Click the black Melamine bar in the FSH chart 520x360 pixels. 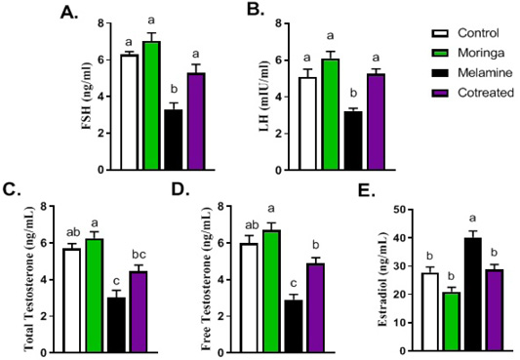(174, 140)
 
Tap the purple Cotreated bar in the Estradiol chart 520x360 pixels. (494, 310)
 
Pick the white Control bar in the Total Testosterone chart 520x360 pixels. (71, 300)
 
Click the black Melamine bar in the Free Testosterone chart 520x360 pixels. (294, 327)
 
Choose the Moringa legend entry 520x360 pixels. (468, 53)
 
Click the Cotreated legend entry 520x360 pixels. (473, 93)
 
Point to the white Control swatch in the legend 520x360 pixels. (440, 33)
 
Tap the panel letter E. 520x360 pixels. (367, 192)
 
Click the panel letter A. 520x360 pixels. (69, 14)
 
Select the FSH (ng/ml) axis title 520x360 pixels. (87, 96)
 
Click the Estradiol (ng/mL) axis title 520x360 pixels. (382, 280)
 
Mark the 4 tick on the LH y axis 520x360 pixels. (278, 98)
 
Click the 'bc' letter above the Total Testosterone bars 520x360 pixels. (139, 255)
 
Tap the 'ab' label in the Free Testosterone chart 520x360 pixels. (252, 225)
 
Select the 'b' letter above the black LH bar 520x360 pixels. (353, 93)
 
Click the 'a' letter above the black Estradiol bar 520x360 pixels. (472, 219)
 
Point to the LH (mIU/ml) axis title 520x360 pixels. (264, 97)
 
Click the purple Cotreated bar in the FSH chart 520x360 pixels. (196, 121)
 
